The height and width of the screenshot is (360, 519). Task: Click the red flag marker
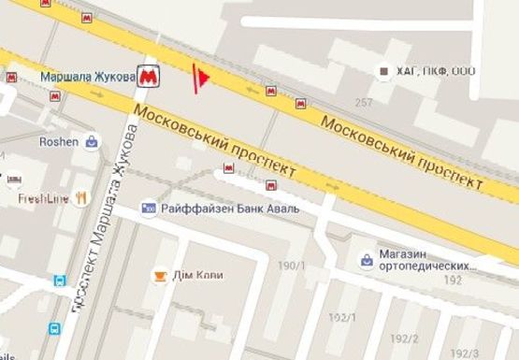point(199,79)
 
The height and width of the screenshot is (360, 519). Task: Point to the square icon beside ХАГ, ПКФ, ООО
point(382,71)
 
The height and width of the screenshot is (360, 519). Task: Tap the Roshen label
point(58,142)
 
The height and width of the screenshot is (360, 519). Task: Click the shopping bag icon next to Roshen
point(92,142)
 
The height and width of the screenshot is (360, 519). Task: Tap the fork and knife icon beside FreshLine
point(81,197)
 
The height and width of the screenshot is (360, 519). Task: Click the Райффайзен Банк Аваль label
point(230,208)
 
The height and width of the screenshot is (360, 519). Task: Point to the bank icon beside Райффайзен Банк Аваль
point(149,208)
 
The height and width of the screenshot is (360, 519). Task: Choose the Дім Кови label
point(196,276)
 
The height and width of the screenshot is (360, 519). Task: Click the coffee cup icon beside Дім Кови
point(160,276)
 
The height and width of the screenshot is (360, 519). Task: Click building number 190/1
point(292,266)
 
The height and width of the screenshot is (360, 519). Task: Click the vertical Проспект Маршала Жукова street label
point(103,215)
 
